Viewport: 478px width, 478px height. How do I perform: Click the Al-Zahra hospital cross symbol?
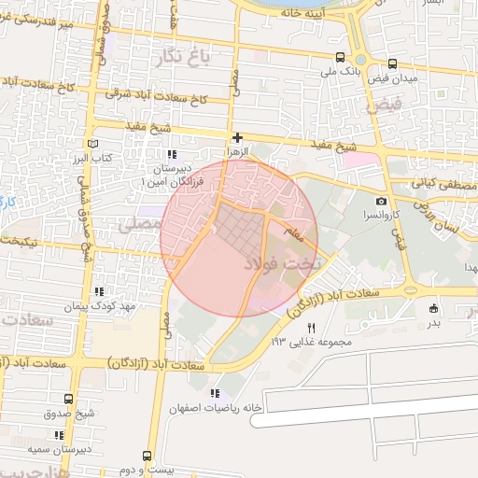tap(238, 137)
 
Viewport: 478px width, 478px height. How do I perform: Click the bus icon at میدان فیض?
tap(391, 64)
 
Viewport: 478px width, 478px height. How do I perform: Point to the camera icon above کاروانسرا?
tap(381, 202)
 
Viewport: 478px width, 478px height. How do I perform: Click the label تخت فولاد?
tap(277, 265)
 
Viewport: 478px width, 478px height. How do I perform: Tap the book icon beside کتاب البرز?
tap(91, 144)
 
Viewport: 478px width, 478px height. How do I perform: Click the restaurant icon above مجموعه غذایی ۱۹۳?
tap(312, 328)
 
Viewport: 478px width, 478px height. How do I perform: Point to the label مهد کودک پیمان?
tap(102, 306)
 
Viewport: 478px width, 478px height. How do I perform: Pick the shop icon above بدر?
tap(434, 308)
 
